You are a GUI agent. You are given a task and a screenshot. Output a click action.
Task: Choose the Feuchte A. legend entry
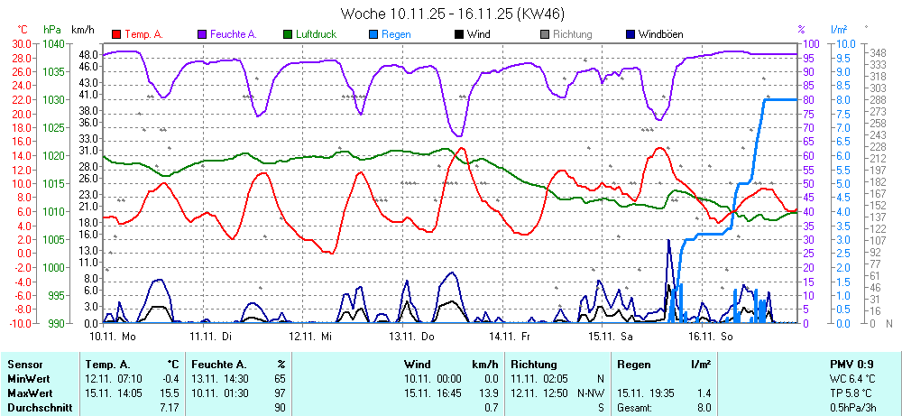tap(233, 34)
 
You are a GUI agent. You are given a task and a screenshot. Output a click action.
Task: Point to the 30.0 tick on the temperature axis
tap(20, 43)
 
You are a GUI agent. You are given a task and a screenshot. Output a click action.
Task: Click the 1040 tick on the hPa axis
tap(53, 43)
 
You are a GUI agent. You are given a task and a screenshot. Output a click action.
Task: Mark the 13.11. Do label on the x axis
tap(412, 336)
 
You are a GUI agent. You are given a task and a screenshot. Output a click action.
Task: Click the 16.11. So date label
tap(713, 336)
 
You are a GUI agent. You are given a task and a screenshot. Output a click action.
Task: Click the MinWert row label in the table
tap(27, 379)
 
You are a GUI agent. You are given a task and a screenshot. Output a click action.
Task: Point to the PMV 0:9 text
tap(851, 365)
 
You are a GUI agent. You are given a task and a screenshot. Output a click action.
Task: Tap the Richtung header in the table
tap(534, 365)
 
